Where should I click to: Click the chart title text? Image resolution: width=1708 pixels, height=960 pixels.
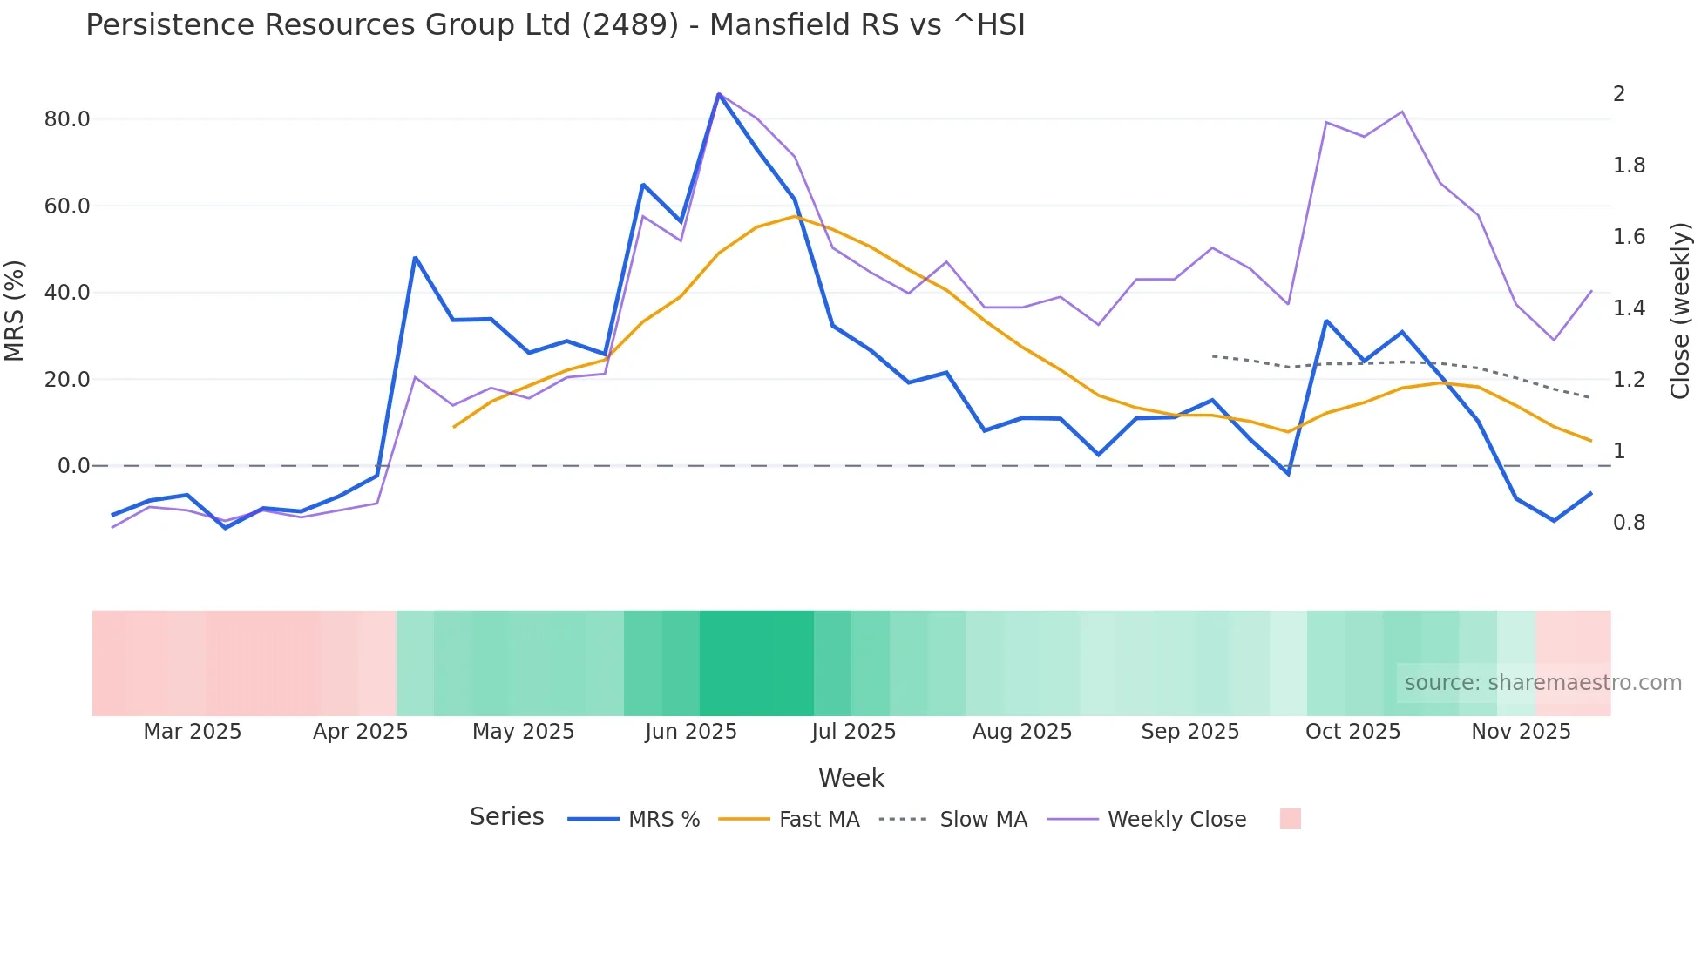pos(555,25)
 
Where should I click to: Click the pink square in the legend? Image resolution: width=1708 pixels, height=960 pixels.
pos(1291,819)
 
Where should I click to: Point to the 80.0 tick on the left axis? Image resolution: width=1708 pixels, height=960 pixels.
pos(67,119)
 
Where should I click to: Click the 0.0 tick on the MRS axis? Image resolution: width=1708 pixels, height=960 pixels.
pos(74,466)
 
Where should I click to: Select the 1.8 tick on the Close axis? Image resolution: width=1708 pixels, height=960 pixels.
pos(1629,166)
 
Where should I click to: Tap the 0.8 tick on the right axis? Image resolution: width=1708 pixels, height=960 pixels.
pos(1629,523)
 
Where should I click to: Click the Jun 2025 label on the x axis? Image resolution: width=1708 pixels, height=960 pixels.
pos(691,732)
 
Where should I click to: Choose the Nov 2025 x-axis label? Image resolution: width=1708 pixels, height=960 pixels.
pos(1521,732)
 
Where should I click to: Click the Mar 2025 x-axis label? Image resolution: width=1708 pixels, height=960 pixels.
pos(193,732)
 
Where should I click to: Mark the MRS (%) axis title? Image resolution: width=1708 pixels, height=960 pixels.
pos(15,311)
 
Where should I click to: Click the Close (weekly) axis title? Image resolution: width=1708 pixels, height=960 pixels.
pos(1680,311)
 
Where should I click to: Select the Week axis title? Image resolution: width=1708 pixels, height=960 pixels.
pos(851,778)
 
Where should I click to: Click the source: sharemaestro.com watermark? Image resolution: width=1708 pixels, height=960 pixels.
pos(1542,683)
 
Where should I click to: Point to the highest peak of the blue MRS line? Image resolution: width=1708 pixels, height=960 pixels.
pos(719,94)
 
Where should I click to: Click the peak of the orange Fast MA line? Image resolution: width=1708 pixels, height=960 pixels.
pos(795,216)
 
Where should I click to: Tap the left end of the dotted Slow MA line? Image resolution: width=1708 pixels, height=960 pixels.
pos(1213,356)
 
